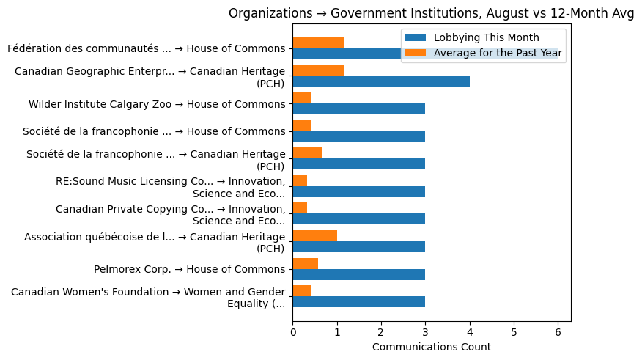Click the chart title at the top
point(431,13)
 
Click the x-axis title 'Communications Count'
point(431,347)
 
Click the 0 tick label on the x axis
point(292,332)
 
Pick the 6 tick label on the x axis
point(558,332)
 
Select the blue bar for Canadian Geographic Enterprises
point(381,81)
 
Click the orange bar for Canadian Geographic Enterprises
point(318,70)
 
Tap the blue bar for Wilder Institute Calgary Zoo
point(358,109)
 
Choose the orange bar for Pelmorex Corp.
point(305,263)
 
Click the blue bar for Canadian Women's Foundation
point(358,302)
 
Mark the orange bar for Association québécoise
point(314,236)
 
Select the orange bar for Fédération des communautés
point(318,43)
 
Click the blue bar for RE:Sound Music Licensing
point(358,191)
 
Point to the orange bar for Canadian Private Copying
point(300,208)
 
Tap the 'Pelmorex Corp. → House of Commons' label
point(189,269)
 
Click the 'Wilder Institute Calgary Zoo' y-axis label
point(157,104)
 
